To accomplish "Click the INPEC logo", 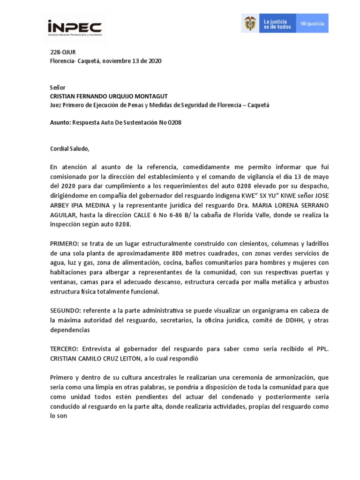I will (x=75, y=28).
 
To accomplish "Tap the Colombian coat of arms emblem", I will (x=250, y=23).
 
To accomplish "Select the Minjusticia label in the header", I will (x=312, y=23).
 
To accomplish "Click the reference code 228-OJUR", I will (x=63, y=52).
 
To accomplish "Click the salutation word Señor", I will (x=58, y=88).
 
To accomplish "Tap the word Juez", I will (x=57, y=105).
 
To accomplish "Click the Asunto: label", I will (x=60, y=122).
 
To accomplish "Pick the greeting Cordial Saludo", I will (x=69, y=149).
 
